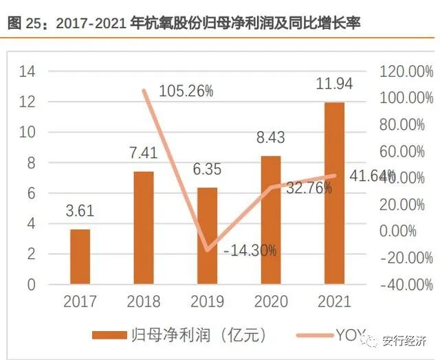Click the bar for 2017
point(80,256)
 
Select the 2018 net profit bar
point(144,227)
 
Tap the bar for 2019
point(208,236)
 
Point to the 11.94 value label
point(334,85)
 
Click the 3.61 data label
point(80,211)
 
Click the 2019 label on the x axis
point(207,302)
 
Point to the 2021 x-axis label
point(334,302)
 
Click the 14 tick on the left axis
point(27,71)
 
